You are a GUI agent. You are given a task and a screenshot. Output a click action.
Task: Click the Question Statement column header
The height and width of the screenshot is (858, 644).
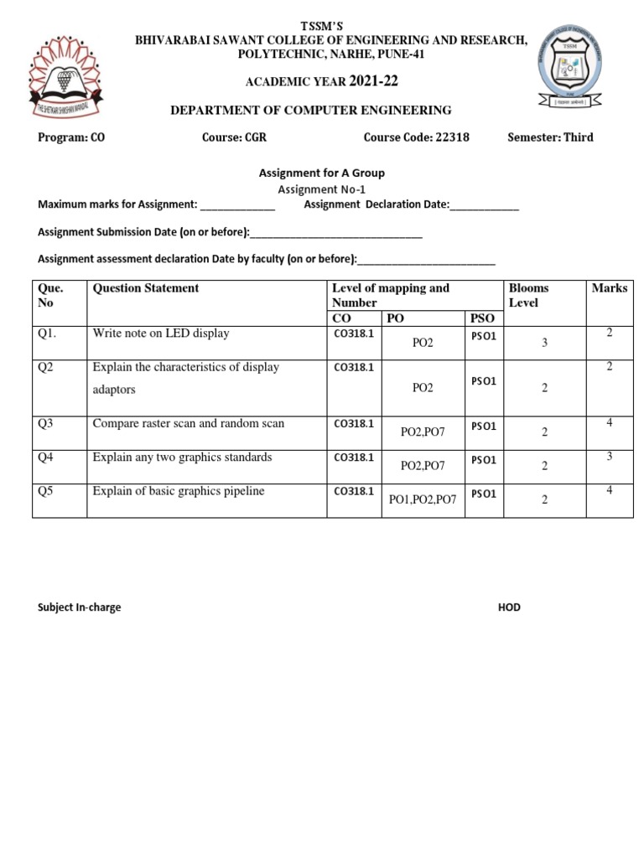pyautogui.click(x=146, y=288)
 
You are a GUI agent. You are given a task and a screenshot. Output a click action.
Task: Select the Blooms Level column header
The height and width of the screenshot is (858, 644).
pyautogui.click(x=528, y=295)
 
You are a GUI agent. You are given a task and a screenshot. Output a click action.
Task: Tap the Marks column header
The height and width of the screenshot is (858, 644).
pyautogui.click(x=609, y=288)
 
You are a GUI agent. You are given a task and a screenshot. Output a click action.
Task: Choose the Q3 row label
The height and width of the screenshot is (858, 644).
pyautogui.click(x=45, y=423)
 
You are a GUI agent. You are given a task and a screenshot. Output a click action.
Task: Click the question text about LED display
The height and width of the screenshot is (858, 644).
pyautogui.click(x=161, y=333)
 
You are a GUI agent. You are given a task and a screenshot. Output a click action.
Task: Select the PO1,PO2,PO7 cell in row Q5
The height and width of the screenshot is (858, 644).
pyautogui.click(x=423, y=499)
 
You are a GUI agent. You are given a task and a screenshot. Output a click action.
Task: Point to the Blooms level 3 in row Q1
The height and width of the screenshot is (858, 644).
pyautogui.click(x=544, y=343)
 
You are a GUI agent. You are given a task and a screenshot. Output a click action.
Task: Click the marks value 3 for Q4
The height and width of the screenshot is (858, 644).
pyautogui.click(x=610, y=456)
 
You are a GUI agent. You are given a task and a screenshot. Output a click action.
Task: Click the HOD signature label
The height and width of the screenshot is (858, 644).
pyautogui.click(x=509, y=607)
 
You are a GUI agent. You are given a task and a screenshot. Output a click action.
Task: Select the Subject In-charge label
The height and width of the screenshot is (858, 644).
pyautogui.click(x=80, y=607)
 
